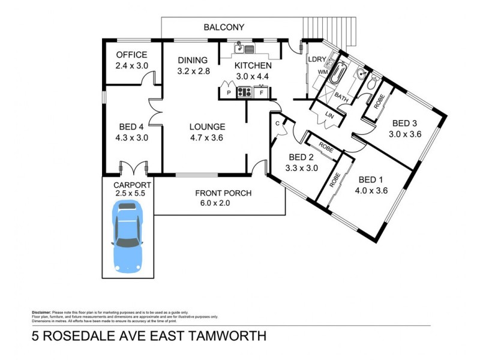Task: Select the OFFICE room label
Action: click(131, 55)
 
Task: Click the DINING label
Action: click(193, 60)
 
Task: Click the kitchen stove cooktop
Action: click(245, 92)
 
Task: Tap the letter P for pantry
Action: click(229, 93)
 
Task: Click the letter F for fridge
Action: click(262, 93)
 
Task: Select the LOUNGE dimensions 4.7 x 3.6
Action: click(207, 137)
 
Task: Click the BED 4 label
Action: click(131, 127)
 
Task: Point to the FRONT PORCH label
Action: click(223, 193)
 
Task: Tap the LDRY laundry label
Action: click(316, 60)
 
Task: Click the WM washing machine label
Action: click(322, 72)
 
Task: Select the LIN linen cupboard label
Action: click(329, 115)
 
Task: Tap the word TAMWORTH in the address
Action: click(221, 336)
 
